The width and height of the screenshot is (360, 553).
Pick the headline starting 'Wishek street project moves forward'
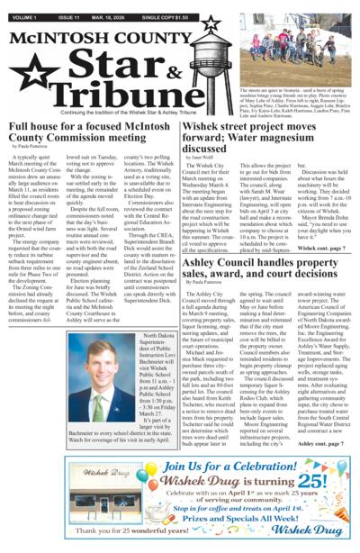269,134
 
